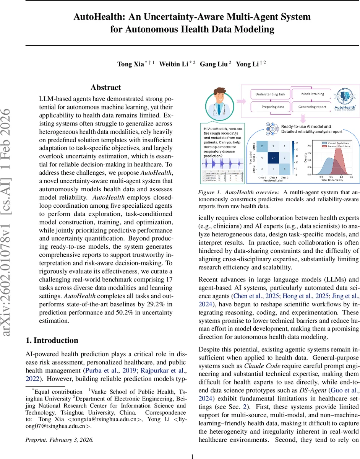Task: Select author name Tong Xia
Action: (130, 63)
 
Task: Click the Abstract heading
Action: (105, 88)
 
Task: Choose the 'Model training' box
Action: (313, 94)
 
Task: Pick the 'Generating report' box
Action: (313, 107)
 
